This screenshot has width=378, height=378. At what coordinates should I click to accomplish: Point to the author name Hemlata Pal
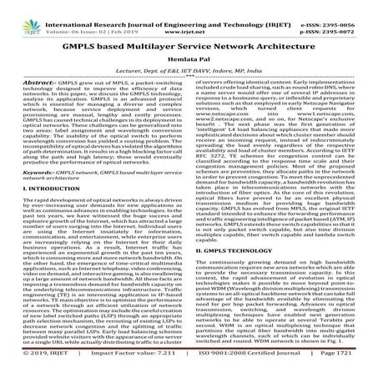tap(189, 53)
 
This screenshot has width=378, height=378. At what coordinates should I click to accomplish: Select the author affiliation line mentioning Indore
tap(189, 66)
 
